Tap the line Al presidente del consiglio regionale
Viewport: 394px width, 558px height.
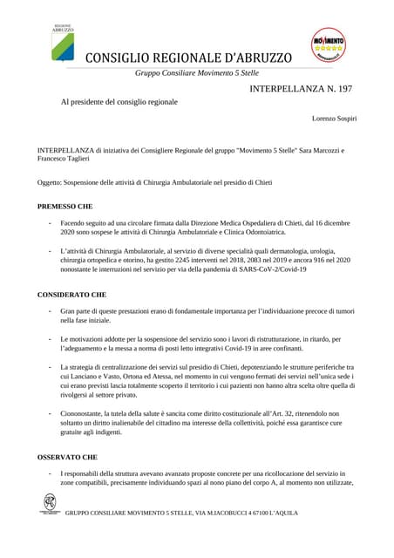(119, 102)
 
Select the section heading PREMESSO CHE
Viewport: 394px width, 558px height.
(65, 207)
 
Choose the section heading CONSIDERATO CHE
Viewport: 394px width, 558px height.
(71, 295)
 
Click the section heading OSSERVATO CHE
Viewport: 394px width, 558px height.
(67, 456)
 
